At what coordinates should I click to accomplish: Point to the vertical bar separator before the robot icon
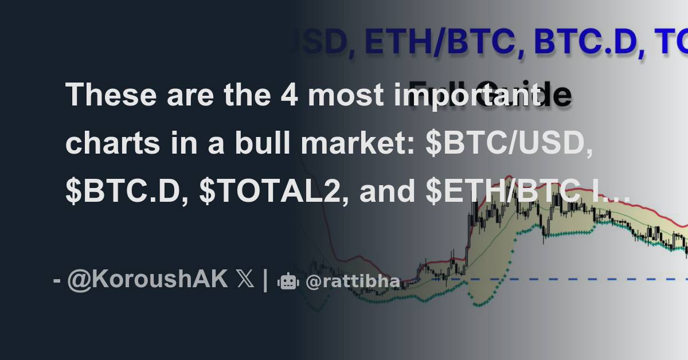coord(265,281)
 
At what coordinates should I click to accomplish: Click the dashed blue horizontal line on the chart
coord(573,279)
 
